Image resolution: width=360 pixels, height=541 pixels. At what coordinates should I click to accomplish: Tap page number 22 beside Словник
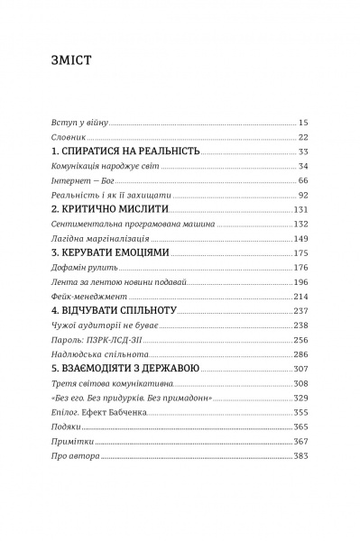[x=303, y=137]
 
